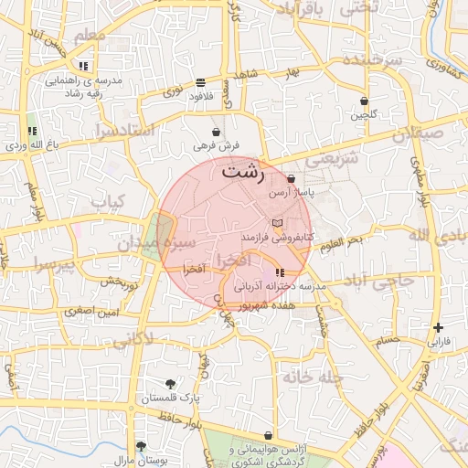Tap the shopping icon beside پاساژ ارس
(291, 179)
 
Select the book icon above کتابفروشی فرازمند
(278, 223)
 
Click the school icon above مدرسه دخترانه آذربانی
(279, 272)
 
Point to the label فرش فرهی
(216, 145)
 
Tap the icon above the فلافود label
(200, 82)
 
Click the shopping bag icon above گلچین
(365, 101)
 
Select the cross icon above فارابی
(439, 327)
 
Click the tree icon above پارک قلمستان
(170, 384)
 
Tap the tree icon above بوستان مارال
(141, 446)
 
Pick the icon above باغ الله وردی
(33, 132)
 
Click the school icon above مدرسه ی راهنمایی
(83, 66)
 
